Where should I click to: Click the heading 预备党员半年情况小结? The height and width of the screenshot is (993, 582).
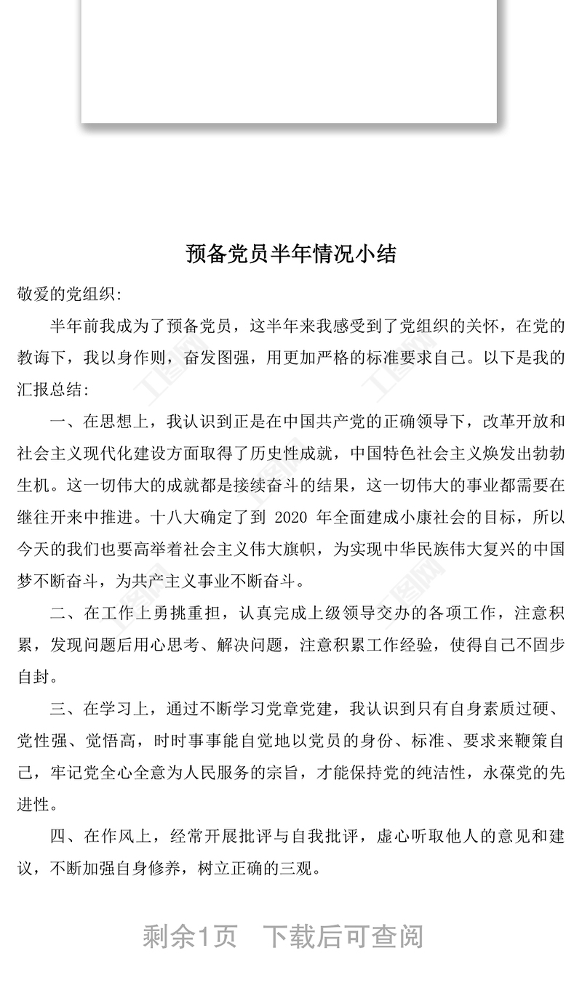[291, 254]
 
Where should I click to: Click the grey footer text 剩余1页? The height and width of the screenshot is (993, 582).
[190, 936]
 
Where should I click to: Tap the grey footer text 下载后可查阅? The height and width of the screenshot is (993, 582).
[342, 936]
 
